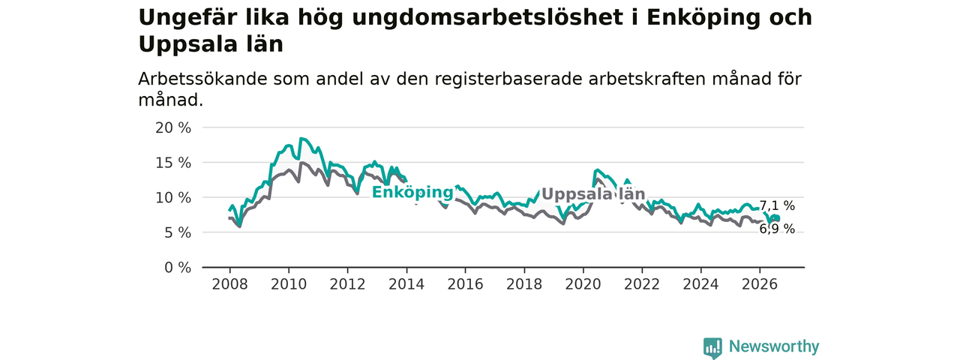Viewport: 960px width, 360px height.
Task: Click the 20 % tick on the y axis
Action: pos(173,127)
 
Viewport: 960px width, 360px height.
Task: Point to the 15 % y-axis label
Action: pos(173,163)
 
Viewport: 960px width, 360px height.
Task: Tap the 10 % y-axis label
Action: pos(173,198)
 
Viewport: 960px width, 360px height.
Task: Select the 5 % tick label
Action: pos(178,232)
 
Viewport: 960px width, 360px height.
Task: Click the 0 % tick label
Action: pos(178,268)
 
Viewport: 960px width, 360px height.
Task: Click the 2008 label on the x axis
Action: pos(229,284)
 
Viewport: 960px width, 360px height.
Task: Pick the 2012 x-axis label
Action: pos(347,284)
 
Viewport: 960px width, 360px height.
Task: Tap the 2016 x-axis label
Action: pos(466,284)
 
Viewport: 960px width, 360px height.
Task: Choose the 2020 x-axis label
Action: pos(583,284)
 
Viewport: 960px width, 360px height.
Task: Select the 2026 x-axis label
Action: pos(760,284)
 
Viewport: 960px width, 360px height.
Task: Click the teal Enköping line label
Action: pos(412,193)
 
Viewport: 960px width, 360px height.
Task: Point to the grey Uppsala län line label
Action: pos(593,194)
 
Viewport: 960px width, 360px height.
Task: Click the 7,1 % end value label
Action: pos(777,206)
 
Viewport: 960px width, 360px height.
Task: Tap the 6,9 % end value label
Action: pos(777,229)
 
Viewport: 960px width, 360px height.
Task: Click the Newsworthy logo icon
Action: pos(712,347)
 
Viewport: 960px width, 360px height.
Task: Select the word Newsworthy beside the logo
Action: pos(774,346)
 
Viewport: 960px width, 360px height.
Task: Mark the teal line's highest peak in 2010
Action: pos(301,138)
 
